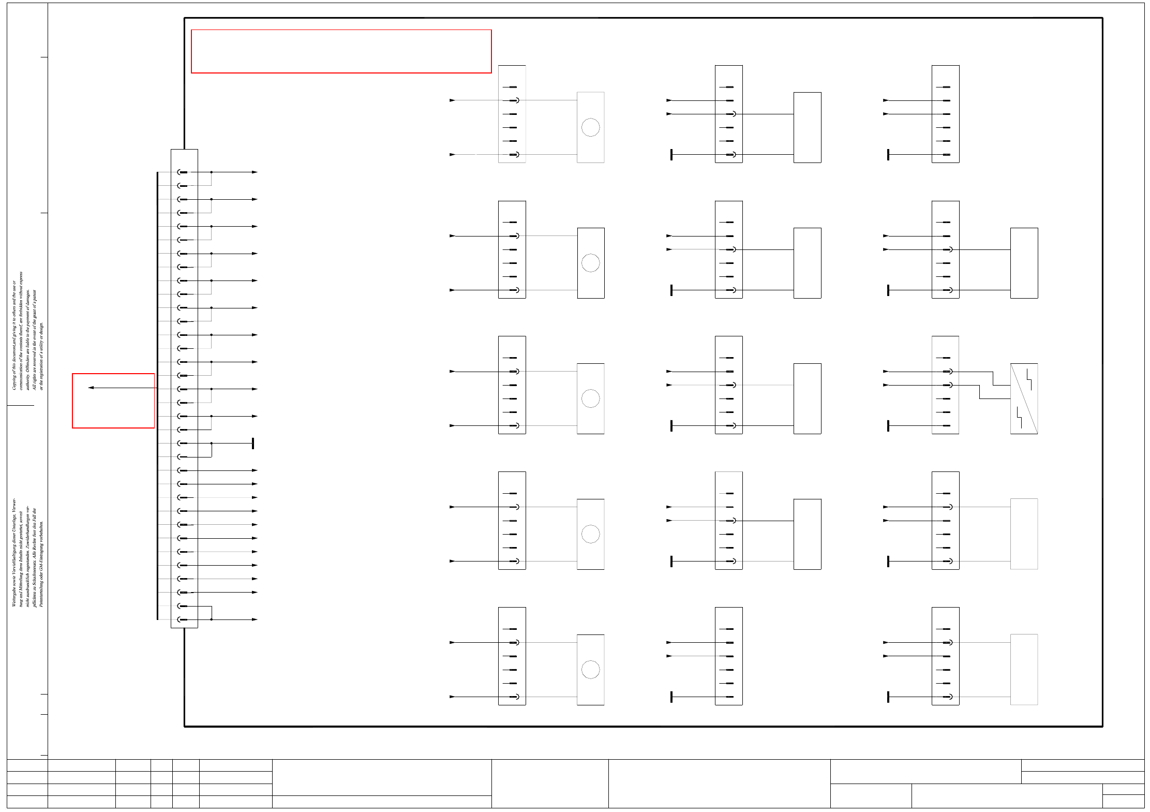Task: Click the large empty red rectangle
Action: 341,51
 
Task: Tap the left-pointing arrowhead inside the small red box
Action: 91,388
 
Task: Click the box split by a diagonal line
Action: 1024,398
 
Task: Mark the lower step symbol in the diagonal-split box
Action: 1019,418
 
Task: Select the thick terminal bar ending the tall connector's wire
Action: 253,444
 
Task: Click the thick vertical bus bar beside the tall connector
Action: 157,396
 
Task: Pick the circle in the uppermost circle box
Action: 590,127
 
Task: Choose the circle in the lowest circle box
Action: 590,670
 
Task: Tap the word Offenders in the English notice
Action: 28,362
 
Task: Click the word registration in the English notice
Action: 41,365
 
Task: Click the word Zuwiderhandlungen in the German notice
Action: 28,543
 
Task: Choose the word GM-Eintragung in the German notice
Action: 41,559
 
